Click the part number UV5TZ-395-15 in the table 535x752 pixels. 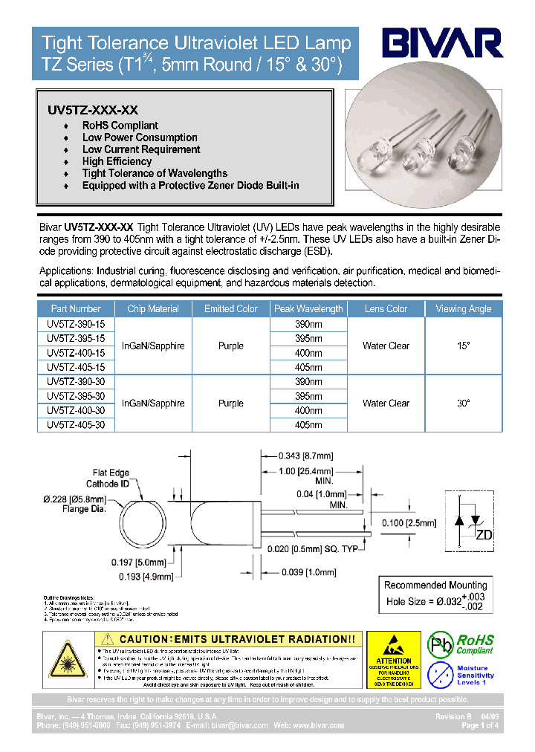tap(76, 338)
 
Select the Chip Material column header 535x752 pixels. tap(153, 309)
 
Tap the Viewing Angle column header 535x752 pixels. tap(462, 309)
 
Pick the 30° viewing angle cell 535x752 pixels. tap(463, 403)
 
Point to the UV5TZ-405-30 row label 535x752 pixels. tap(76, 425)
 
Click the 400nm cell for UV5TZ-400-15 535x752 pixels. tap(308, 353)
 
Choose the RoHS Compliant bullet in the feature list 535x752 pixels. tap(120, 126)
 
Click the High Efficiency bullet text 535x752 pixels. tap(117, 161)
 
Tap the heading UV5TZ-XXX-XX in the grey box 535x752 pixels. tap(93, 109)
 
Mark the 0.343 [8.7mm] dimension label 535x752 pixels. tap(305, 456)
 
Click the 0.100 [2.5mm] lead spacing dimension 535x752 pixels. tap(409, 523)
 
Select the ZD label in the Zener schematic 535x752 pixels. tap(483, 535)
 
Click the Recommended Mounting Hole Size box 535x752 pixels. tap(435, 594)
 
